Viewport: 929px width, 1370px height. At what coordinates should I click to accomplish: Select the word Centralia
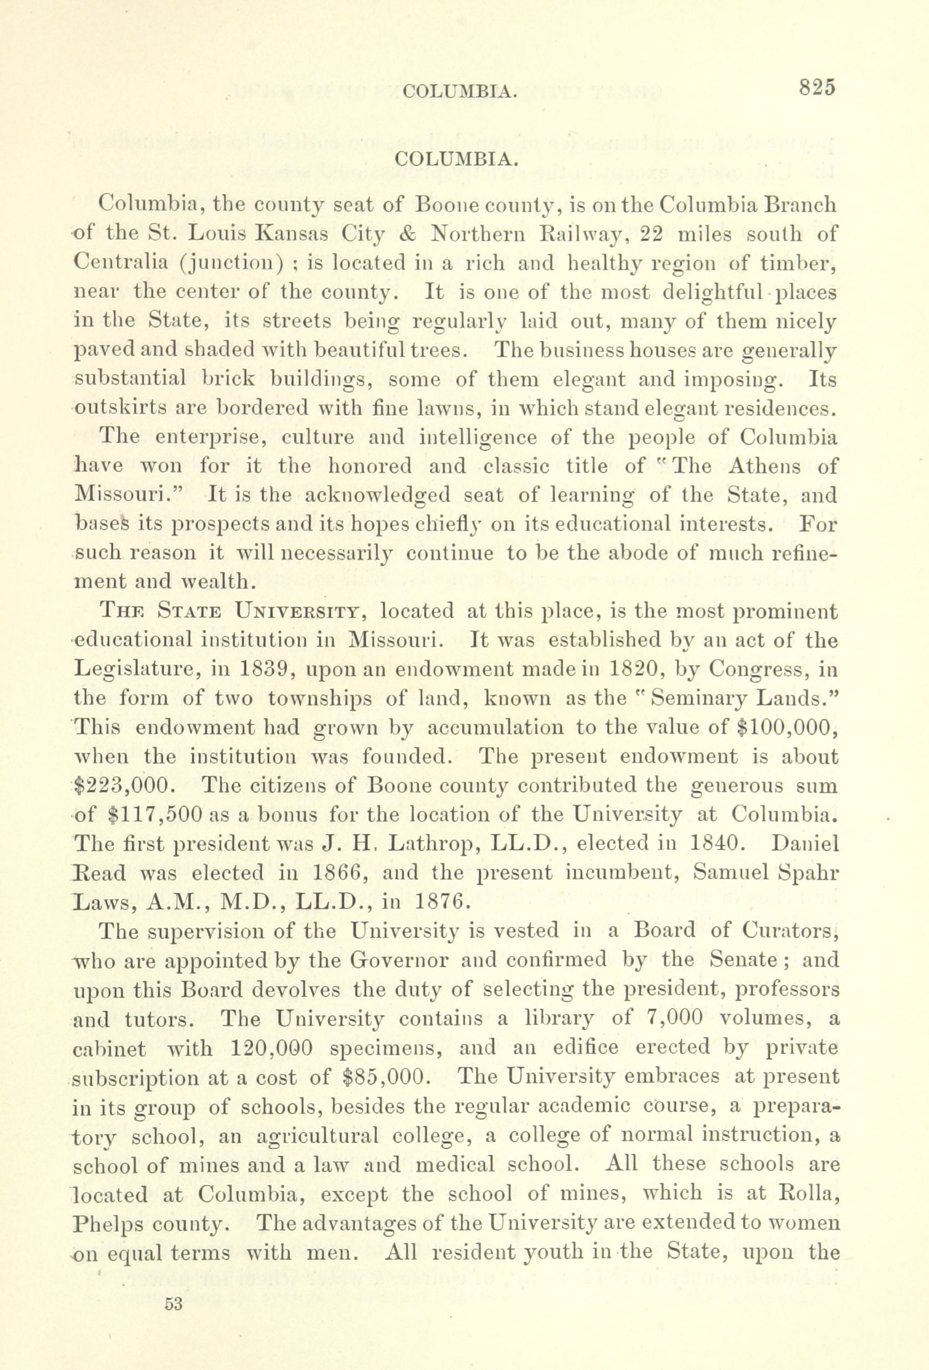click(129, 262)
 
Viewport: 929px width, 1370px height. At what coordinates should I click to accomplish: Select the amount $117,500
click(156, 815)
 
